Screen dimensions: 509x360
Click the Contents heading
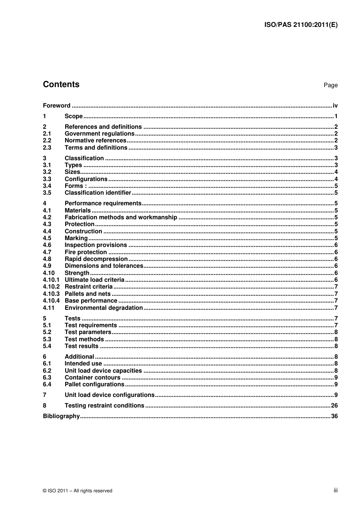point(61,84)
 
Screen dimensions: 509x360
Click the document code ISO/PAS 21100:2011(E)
point(301,25)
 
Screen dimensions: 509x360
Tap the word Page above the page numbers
point(330,85)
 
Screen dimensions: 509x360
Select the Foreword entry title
point(56,106)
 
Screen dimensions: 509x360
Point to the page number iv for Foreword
point(335,106)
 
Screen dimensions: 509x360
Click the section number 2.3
point(47,148)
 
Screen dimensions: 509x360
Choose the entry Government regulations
point(99,134)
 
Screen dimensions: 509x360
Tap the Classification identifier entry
point(97,193)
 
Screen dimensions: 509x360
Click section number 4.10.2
point(51,287)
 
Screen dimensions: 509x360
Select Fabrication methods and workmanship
point(121,217)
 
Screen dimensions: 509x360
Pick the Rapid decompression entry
point(96,259)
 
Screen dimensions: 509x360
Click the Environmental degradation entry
point(103,308)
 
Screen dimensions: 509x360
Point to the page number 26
point(334,406)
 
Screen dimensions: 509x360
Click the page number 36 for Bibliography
point(334,416)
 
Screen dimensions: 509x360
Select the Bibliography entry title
point(61,416)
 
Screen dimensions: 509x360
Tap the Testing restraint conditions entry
point(104,406)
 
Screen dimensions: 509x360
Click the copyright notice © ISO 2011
point(77,491)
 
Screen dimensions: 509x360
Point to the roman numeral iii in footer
point(335,490)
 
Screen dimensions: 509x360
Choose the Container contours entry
point(92,378)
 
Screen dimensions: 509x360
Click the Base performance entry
point(91,301)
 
